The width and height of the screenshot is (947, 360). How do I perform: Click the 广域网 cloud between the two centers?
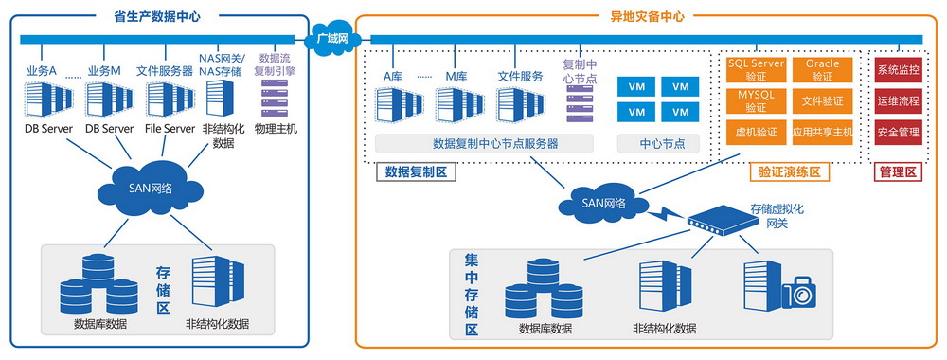(331, 38)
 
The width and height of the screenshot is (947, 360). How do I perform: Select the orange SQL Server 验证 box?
(755, 69)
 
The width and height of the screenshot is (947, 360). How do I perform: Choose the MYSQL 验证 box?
(755, 100)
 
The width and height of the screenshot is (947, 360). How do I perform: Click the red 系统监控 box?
(897, 70)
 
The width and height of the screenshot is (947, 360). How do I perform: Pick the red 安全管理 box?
(897, 132)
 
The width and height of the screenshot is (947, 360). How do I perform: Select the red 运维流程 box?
(897, 100)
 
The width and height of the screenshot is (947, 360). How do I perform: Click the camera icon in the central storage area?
(797, 293)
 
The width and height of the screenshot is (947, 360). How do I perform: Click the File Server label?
(170, 129)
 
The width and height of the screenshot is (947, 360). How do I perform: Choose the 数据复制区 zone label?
(416, 172)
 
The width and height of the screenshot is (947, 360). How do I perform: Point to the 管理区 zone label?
(897, 172)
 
